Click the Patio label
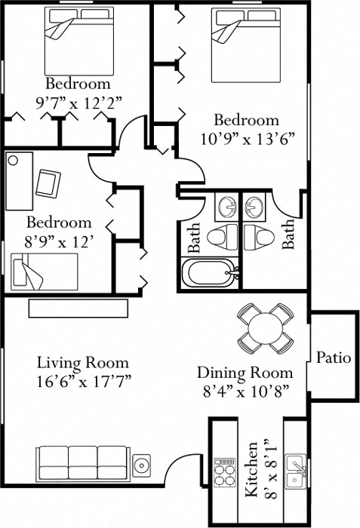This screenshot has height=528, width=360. click(x=333, y=358)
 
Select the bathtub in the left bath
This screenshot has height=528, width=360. click(x=210, y=272)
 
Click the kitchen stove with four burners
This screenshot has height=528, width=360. click(x=224, y=474)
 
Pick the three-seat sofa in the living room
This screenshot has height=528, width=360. click(x=80, y=462)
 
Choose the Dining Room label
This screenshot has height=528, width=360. click(x=245, y=373)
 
